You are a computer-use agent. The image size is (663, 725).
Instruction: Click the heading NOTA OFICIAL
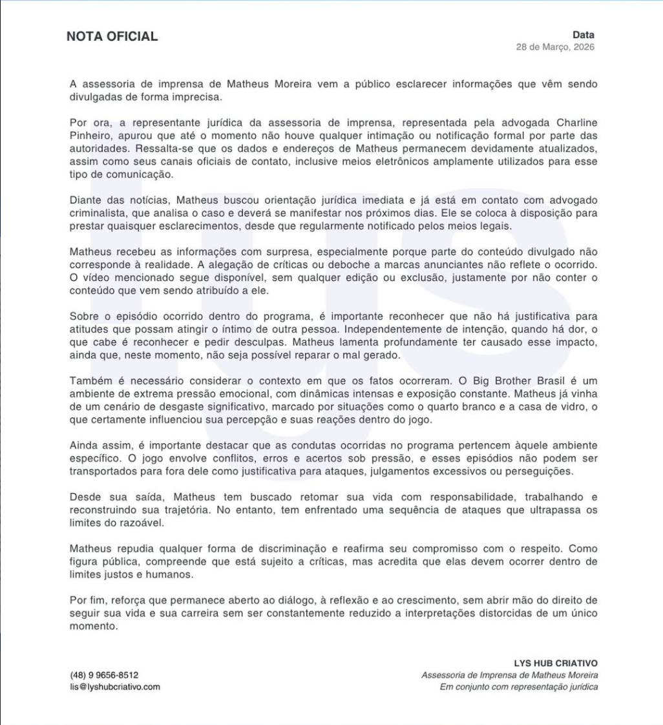pyautogui.click(x=112, y=37)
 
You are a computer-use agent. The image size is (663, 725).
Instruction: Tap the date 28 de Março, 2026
pyautogui.click(x=555, y=47)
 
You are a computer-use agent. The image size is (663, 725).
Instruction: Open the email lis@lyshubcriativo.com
pyautogui.click(x=114, y=686)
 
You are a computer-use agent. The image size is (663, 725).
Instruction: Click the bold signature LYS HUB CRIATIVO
pyautogui.click(x=555, y=663)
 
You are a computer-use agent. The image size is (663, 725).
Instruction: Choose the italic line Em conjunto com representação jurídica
pyautogui.click(x=518, y=686)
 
